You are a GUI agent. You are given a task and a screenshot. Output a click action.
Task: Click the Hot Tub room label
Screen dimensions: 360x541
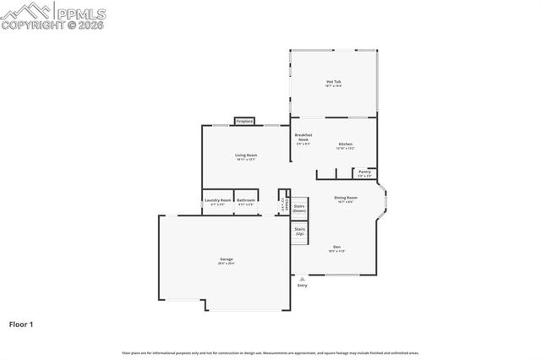pos(333,82)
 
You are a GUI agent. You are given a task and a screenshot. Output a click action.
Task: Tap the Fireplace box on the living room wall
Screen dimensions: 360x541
pos(245,122)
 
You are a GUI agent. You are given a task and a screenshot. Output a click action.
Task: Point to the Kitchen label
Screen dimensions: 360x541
pos(345,145)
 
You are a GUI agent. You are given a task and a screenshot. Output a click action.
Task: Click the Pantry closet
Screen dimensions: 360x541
pos(364,173)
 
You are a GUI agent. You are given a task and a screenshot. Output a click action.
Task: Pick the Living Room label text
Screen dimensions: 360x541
pos(246,155)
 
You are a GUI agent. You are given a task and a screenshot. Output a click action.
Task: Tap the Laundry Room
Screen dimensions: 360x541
pos(217,201)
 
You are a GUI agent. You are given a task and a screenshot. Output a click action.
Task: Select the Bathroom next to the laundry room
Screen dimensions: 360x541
pos(246,201)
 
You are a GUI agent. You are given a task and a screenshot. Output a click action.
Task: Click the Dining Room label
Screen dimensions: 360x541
pos(346,198)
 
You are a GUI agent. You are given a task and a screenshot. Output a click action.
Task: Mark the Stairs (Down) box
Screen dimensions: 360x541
pos(299,207)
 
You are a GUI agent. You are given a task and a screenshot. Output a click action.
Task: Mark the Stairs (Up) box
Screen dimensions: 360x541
pos(299,231)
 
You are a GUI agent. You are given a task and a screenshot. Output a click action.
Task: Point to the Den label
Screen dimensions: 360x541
pos(336,247)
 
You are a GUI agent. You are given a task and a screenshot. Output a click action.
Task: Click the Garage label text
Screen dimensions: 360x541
pos(227,259)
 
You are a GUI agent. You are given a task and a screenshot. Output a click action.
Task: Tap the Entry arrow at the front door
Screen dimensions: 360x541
pos(302,277)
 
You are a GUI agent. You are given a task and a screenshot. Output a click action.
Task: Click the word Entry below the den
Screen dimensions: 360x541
pos(303,285)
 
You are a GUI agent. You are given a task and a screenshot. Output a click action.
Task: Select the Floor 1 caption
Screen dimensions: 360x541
pos(21,323)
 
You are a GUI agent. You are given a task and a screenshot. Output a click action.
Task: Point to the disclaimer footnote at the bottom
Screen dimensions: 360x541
pos(270,352)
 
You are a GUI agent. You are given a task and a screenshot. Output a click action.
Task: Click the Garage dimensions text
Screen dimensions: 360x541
pos(227,264)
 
